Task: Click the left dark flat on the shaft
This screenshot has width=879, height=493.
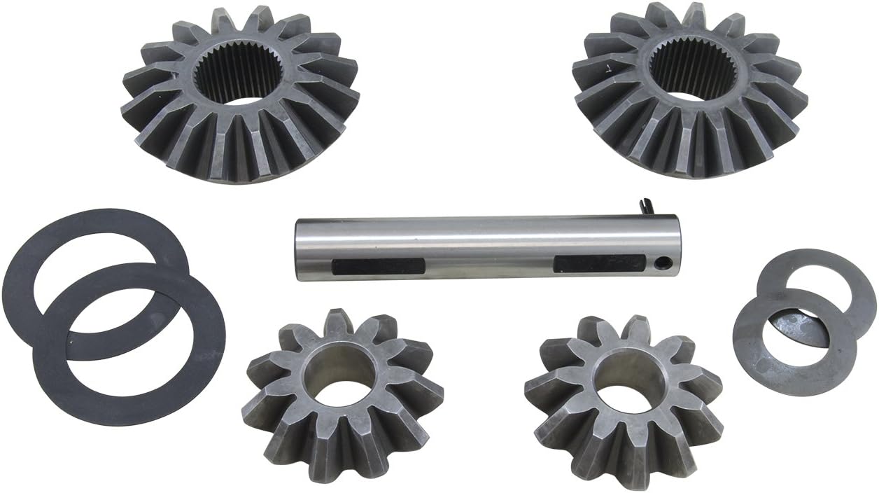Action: pyautogui.click(x=378, y=267)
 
